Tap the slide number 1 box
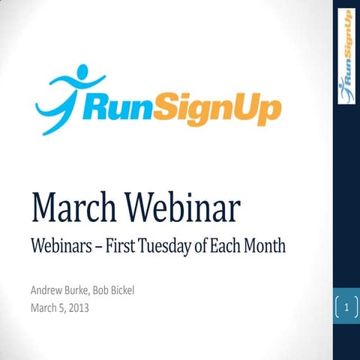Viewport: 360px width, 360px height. click(x=346, y=307)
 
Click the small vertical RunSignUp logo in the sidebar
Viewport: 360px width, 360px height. click(x=346, y=55)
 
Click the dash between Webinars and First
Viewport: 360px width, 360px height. click(x=100, y=247)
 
